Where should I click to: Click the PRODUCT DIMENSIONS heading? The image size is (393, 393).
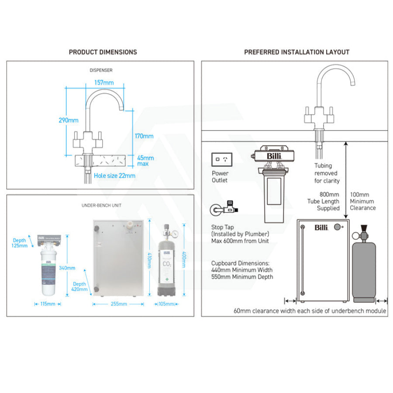[103, 52]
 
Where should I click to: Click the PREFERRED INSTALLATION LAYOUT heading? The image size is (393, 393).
[296, 52]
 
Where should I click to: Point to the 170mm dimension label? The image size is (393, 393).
[145, 136]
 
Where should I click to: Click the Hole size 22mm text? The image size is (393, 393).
[114, 176]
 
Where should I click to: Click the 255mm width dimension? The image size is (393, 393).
[118, 304]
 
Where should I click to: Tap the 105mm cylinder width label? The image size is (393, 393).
[166, 304]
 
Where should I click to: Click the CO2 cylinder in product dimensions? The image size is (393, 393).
[166, 262]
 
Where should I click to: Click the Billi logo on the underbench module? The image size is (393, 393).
[321, 227]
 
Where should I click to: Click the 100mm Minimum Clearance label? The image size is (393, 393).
[362, 201]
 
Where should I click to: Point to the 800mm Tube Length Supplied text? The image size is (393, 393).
[328, 201]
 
